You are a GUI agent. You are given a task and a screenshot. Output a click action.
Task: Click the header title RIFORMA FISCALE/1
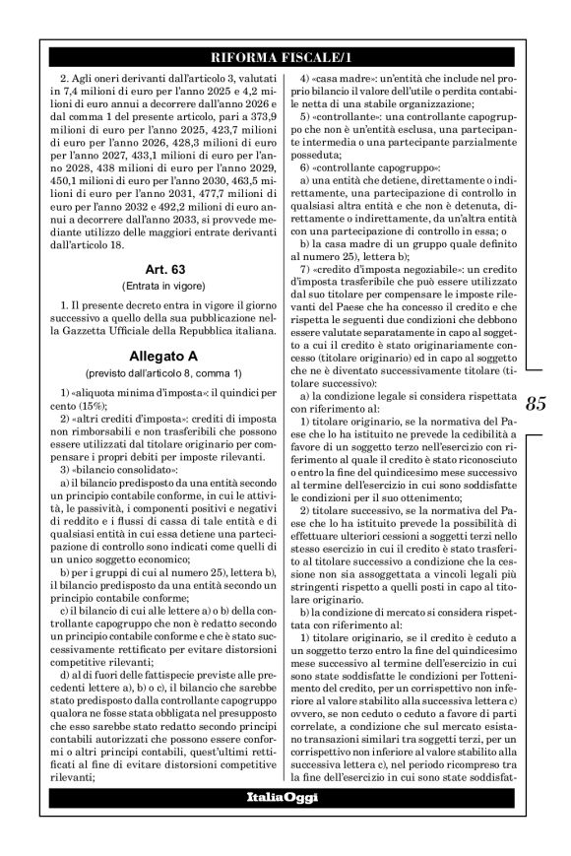[x=285, y=55]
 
